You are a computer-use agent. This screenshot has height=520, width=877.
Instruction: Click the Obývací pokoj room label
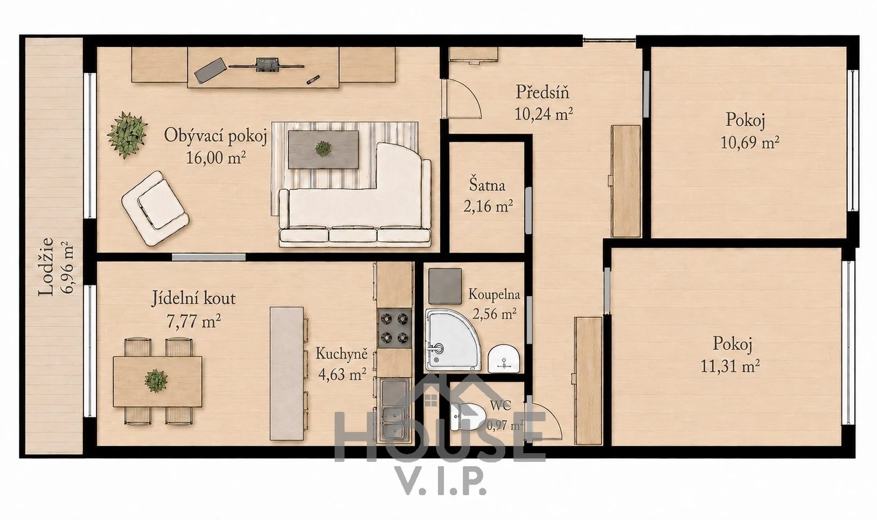click(x=215, y=136)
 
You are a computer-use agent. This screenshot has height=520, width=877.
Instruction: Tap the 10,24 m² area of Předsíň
click(x=544, y=114)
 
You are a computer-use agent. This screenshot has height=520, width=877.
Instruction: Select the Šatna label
click(x=487, y=185)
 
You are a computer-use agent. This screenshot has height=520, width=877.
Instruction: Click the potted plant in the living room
click(x=127, y=135)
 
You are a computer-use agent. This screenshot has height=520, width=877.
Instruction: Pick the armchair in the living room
click(x=155, y=208)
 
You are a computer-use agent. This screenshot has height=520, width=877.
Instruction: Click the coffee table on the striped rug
click(x=323, y=150)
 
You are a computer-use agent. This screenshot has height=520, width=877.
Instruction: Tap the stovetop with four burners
click(x=395, y=328)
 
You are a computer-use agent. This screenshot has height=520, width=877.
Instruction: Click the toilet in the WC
click(x=468, y=417)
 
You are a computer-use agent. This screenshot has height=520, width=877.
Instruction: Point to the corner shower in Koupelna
click(x=452, y=339)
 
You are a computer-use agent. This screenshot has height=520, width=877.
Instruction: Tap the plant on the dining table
click(x=156, y=381)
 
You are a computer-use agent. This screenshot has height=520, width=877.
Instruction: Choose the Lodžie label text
click(x=46, y=267)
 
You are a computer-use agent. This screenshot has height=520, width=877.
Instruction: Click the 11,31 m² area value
click(x=730, y=367)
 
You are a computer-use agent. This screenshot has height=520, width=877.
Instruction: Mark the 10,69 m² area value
click(x=749, y=143)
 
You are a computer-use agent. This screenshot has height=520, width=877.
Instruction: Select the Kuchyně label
click(x=342, y=354)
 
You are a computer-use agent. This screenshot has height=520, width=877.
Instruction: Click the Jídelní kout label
click(x=194, y=299)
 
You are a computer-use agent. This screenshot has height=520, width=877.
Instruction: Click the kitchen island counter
click(x=287, y=374)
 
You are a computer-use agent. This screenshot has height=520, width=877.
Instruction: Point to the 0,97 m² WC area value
click(x=505, y=425)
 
